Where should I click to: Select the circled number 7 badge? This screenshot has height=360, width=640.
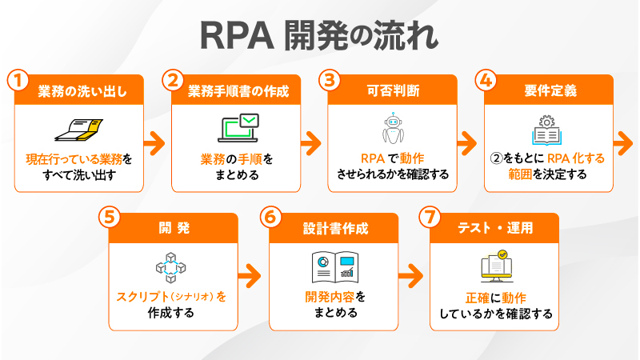(433, 218)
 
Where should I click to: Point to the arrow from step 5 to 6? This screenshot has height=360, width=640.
(250, 274)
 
